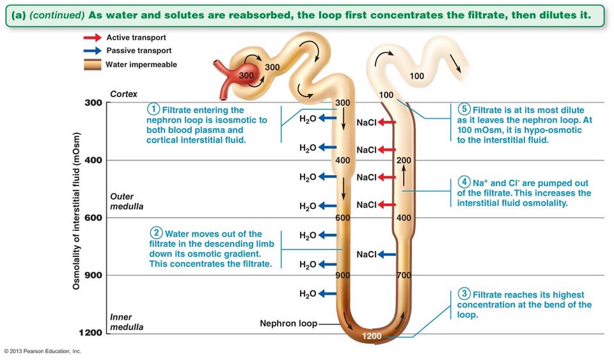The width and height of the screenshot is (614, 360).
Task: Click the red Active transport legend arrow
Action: coord(93,38)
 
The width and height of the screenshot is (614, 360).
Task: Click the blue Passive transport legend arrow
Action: coord(93,51)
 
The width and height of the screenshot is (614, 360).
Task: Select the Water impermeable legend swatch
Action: coord(93,64)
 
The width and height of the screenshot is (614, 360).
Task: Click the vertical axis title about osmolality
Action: coord(76,211)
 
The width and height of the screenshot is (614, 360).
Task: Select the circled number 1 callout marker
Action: coord(153,109)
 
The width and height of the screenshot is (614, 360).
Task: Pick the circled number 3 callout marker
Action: coord(465,294)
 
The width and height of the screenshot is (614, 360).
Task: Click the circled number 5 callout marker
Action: coord(464,109)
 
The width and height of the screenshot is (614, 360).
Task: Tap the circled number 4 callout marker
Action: coord(465,183)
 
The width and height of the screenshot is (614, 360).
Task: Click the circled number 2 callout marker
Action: coord(156,233)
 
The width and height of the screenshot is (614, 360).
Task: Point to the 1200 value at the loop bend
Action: coord(372,336)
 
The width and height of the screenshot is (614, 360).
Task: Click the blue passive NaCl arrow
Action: coord(387,254)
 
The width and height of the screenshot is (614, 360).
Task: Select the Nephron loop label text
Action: coord(288,324)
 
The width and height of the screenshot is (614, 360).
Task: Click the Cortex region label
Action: coord(123,94)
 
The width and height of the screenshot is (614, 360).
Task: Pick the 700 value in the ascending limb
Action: coord(403,276)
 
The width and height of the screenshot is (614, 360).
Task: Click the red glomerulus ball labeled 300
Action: coord(247,75)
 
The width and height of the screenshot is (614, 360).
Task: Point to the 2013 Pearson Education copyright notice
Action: coord(42,351)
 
